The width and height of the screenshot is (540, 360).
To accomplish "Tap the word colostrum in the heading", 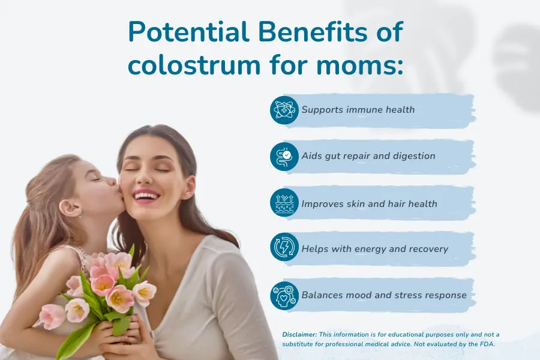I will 196,64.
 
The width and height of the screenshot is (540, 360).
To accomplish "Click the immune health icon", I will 284,110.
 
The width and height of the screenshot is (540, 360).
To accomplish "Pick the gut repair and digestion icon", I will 284,156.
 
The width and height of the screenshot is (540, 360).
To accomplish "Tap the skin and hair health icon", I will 284,203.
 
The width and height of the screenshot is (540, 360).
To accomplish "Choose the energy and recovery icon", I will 284,248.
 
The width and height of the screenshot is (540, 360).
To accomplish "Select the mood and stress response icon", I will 284,295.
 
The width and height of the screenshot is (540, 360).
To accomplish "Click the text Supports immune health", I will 358,110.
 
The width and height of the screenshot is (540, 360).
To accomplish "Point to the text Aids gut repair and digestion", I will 368,156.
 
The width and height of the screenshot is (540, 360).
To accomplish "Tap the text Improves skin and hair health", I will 369,203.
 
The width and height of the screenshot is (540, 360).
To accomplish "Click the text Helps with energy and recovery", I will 374,248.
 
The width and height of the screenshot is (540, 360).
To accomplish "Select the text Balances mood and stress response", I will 383,295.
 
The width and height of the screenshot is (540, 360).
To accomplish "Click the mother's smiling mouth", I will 146,196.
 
